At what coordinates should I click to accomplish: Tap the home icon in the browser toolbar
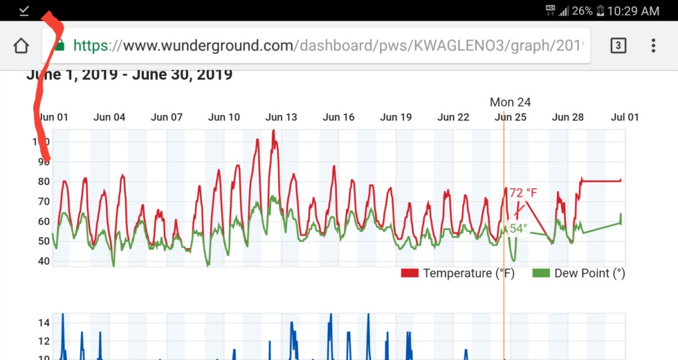[x=21, y=46]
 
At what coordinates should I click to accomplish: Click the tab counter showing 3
[x=618, y=46]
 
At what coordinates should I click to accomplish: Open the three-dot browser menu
[x=653, y=46]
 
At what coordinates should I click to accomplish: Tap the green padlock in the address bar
[x=60, y=46]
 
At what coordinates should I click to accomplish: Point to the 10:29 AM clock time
[x=632, y=10]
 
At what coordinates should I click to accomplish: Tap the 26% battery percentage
[x=582, y=10]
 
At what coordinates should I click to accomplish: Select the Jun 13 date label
[x=281, y=117]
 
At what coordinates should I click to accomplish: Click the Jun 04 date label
[x=109, y=117]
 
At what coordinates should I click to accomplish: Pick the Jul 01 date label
[x=624, y=117]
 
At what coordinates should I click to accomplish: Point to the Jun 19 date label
[x=396, y=117]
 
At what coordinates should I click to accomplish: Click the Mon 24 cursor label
[x=510, y=102]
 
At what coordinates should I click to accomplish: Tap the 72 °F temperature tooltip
[x=523, y=192]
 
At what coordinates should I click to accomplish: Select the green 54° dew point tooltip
[x=519, y=228]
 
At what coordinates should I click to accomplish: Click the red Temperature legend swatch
[x=410, y=273]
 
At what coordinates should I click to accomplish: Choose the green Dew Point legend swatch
[x=541, y=273]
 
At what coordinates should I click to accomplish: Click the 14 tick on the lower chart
[x=43, y=323]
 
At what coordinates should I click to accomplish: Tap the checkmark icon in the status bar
[x=24, y=10]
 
